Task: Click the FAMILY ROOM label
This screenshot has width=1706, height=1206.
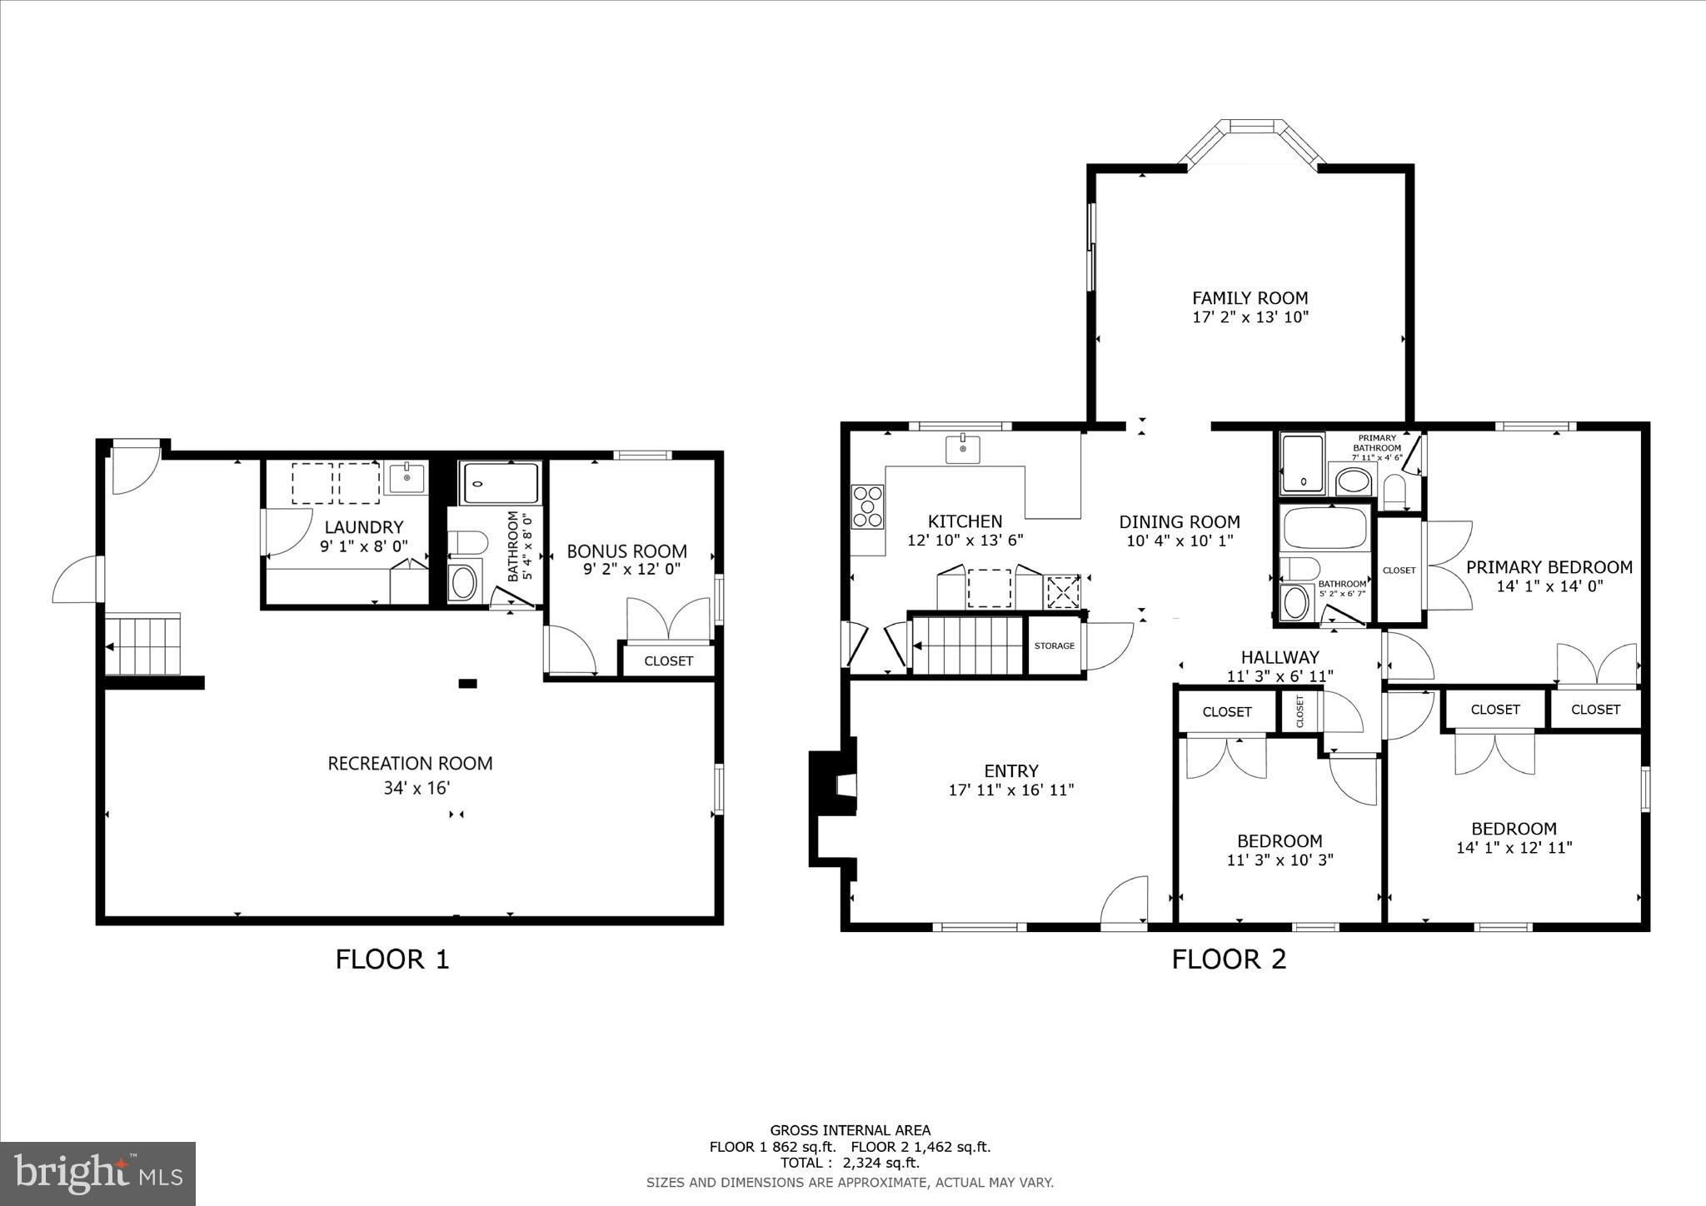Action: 1250,298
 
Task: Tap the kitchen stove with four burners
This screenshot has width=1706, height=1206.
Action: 867,506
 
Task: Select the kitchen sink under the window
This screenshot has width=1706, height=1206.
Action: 963,449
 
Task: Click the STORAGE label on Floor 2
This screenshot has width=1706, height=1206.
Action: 1054,645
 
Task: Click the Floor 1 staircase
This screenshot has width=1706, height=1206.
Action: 143,645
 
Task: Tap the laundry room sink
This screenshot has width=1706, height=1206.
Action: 406,478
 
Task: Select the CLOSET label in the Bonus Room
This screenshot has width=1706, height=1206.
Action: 668,661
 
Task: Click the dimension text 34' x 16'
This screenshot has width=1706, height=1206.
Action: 417,787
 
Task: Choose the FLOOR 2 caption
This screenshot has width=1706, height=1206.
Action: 1229,959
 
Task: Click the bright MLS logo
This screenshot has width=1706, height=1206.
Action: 97,1174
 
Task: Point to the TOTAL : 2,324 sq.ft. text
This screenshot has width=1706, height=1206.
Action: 850,1163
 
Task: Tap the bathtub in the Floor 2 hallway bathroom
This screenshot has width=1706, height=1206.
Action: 1325,526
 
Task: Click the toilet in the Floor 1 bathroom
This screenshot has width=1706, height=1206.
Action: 467,543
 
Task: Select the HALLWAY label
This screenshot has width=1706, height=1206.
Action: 1279,657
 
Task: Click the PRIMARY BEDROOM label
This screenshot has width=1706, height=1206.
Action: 1549,567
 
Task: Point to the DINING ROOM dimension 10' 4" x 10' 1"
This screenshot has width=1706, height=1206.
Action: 1179,541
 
